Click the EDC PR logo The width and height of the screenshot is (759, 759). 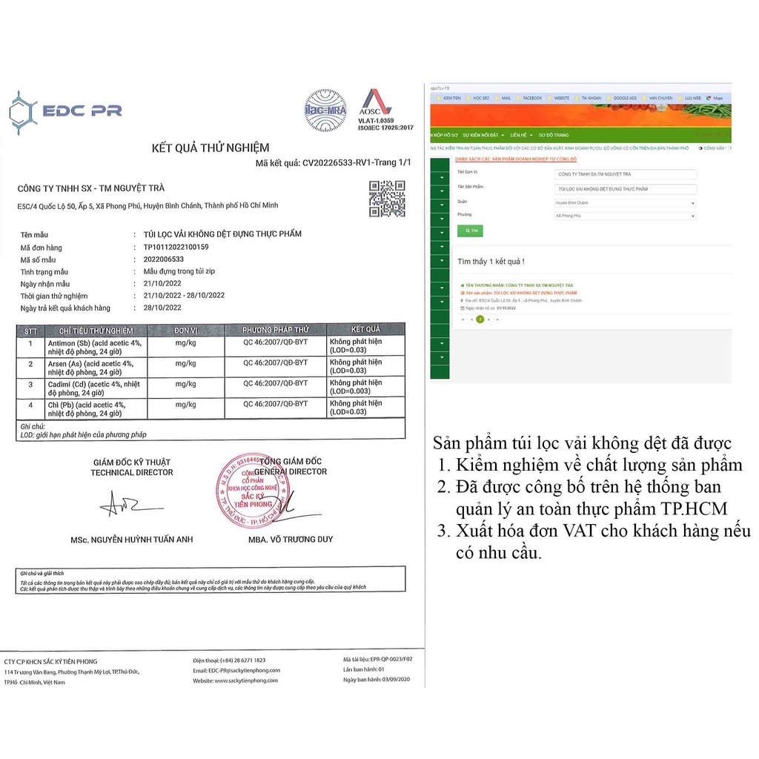[64, 112]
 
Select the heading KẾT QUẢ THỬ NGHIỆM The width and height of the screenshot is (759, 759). [211, 148]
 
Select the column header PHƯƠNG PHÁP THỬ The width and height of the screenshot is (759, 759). [275, 330]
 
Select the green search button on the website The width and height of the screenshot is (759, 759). [468, 231]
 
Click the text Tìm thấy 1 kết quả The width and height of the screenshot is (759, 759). [491, 262]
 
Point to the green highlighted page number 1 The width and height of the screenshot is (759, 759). [480, 319]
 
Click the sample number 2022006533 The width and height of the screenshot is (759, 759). [163, 259]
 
